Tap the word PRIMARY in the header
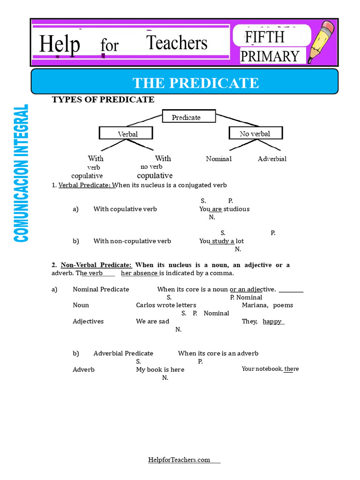[x=270, y=56]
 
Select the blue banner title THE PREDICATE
[x=195, y=83]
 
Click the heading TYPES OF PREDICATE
[x=103, y=99]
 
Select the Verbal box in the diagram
[x=127, y=134]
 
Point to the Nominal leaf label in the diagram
[x=219, y=159]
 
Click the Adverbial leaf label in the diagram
[x=272, y=159]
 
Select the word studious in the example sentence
[x=237, y=209]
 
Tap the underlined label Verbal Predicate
[x=85, y=185]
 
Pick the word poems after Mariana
[x=283, y=305]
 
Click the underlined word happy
[x=272, y=322]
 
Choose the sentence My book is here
[x=160, y=369]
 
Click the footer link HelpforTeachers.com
[x=179, y=460]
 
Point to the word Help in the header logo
[x=59, y=45]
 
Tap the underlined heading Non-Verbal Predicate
[x=96, y=265]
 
